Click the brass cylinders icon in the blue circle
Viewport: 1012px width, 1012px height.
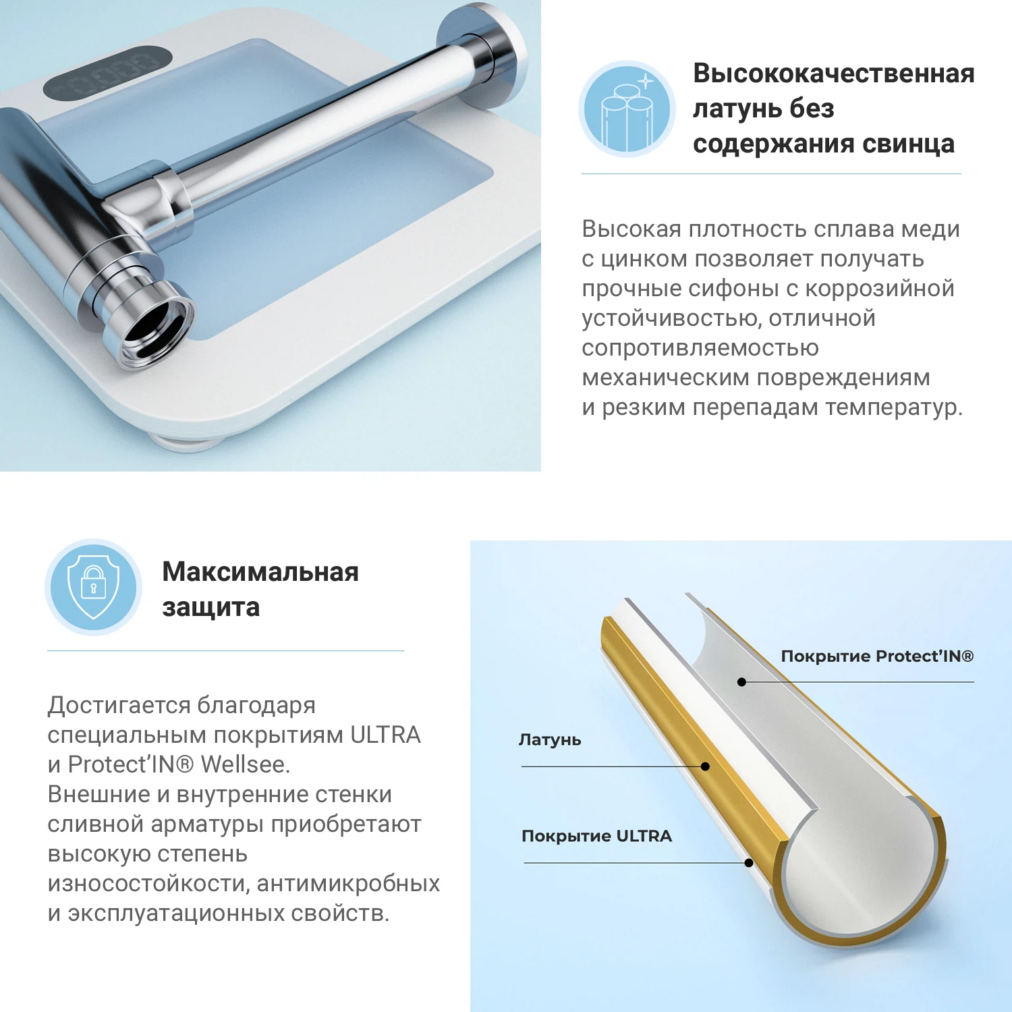(x=627, y=110)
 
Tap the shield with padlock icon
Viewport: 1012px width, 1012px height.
(x=94, y=587)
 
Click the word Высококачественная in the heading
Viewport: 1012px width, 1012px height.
(x=833, y=74)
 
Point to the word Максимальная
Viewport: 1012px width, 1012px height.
(x=260, y=572)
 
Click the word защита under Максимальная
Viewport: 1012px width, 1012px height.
(x=210, y=607)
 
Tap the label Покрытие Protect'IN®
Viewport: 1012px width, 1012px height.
(x=877, y=656)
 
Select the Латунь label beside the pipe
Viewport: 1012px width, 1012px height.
(x=550, y=740)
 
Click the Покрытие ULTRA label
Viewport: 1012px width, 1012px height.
(x=596, y=837)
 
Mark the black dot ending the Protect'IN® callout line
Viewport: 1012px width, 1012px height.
(x=741, y=682)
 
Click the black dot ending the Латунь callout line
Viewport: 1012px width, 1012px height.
(x=705, y=766)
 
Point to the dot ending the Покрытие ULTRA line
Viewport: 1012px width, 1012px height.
(x=748, y=863)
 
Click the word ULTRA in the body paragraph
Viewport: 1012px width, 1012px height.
(x=385, y=735)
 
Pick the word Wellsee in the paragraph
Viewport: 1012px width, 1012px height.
(x=245, y=764)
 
